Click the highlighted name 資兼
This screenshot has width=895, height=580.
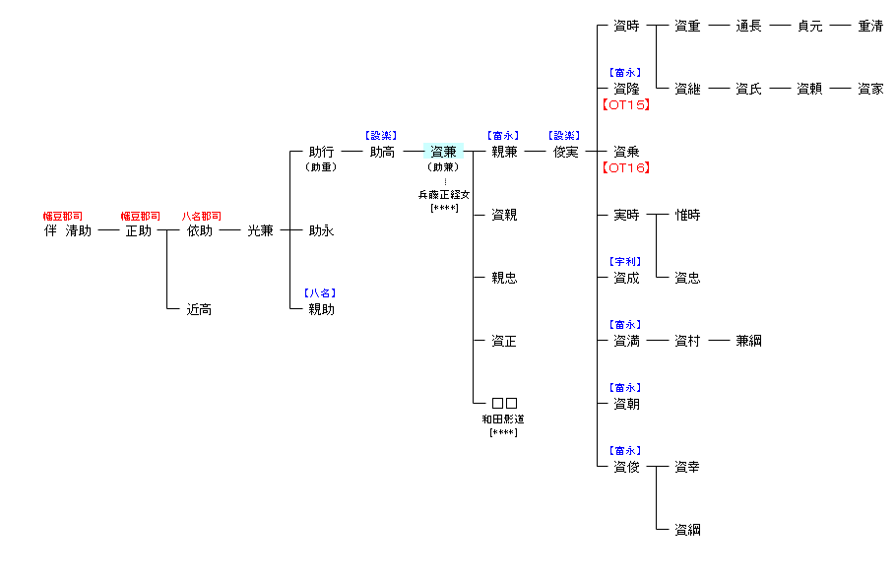(443, 152)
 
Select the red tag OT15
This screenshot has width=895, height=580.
(625, 104)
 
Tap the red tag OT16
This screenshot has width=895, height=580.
(625, 167)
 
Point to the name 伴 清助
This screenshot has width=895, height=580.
(67, 230)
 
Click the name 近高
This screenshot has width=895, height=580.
(199, 309)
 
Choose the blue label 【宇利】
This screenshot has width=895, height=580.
(625, 262)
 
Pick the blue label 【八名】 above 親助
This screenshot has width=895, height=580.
(321, 293)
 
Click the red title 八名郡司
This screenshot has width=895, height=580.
(201, 216)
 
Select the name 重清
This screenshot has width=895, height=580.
(870, 26)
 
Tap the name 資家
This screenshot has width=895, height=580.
(870, 89)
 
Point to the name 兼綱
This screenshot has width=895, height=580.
(748, 341)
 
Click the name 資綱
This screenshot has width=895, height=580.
(687, 530)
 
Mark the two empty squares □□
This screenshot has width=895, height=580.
(504, 404)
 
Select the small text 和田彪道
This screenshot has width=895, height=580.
(503, 419)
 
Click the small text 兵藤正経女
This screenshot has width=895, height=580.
(444, 195)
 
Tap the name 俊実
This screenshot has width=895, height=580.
(565, 152)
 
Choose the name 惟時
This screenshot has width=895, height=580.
(687, 215)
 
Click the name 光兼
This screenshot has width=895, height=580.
(260, 230)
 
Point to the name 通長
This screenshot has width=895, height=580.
(748, 26)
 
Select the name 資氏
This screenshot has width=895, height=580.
(748, 89)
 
